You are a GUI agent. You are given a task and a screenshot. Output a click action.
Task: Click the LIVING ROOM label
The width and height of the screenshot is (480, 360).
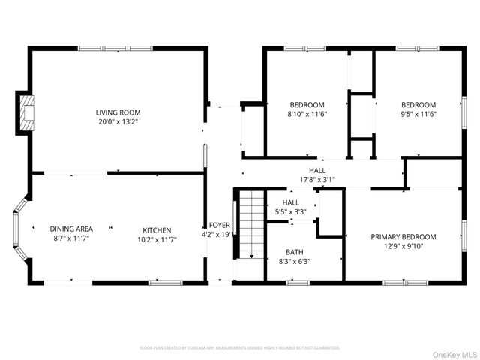coord(118,112)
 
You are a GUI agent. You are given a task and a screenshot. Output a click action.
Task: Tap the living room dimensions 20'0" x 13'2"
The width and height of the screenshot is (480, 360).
coord(118,121)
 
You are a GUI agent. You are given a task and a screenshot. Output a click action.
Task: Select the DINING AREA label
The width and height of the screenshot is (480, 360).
coord(71,229)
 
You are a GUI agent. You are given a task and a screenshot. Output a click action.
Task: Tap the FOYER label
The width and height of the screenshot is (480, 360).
coord(220,225)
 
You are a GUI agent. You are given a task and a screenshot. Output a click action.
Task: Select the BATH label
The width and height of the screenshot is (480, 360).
coord(294,252)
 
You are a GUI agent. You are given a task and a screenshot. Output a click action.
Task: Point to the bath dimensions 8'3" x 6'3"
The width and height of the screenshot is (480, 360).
coord(294,261)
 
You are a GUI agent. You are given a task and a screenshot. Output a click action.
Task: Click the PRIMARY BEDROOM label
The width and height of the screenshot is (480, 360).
coord(403,237)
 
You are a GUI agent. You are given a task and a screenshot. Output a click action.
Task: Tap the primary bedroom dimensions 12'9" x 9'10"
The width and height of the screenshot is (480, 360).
coord(403,246)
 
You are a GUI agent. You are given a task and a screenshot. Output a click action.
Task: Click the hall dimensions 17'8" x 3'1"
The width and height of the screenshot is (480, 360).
coord(317,179)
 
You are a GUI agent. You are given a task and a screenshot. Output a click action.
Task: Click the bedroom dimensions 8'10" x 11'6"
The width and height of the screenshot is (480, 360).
coord(307,114)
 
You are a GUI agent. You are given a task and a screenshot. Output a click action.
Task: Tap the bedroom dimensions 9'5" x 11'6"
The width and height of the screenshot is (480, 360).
coord(418,114)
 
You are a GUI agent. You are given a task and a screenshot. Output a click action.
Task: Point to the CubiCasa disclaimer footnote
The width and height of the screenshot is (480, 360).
coord(240,348)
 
